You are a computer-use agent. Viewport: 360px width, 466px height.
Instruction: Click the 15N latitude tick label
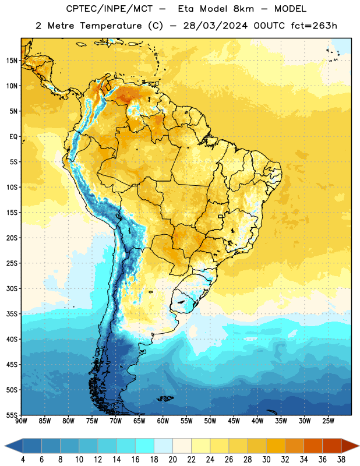tap(12, 61)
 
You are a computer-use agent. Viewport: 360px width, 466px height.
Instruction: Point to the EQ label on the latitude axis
tap(13, 137)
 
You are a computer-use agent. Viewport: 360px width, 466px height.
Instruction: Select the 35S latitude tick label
tap(12, 314)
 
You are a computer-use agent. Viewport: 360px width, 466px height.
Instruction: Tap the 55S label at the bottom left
tap(12, 415)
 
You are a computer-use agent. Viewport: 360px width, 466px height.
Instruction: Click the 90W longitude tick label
tap(21, 421)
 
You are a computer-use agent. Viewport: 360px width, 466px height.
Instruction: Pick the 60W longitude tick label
tap(163, 421)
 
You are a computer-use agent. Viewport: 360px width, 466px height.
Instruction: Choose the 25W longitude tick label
tap(328, 421)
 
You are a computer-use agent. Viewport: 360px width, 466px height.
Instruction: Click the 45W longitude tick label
tap(234, 421)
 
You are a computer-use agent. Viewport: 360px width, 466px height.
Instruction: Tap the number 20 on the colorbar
tap(172, 460)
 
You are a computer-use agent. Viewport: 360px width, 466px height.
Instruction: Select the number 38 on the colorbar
tap(341, 460)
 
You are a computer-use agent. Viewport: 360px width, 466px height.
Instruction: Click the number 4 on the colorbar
tap(23, 460)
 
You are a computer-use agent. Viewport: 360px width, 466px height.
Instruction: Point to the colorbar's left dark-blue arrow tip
tap(5, 446)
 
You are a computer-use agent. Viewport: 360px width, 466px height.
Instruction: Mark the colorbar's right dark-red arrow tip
tap(359, 446)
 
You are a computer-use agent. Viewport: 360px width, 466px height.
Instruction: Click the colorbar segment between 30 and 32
tap(276, 446)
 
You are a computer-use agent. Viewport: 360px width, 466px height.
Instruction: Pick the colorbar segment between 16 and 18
tap(145, 446)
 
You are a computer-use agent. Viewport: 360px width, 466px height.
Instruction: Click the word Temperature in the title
tap(111, 26)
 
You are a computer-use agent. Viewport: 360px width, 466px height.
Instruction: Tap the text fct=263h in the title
tap(314, 26)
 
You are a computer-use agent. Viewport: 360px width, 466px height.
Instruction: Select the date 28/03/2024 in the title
tap(215, 26)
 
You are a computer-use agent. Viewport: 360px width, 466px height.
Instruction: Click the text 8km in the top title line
tap(243, 9)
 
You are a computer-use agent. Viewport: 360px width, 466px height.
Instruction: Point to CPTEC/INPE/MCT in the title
tap(110, 9)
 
